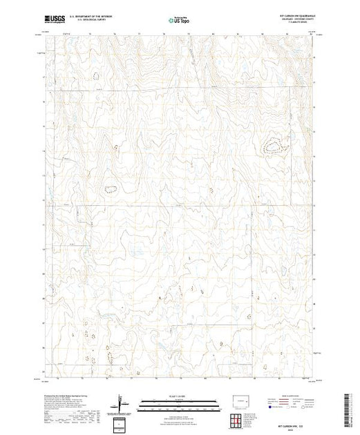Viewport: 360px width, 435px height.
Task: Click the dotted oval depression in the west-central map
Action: pyautogui.click(x=111, y=187)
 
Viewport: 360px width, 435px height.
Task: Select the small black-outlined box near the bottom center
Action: pyautogui.click(x=122, y=423)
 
